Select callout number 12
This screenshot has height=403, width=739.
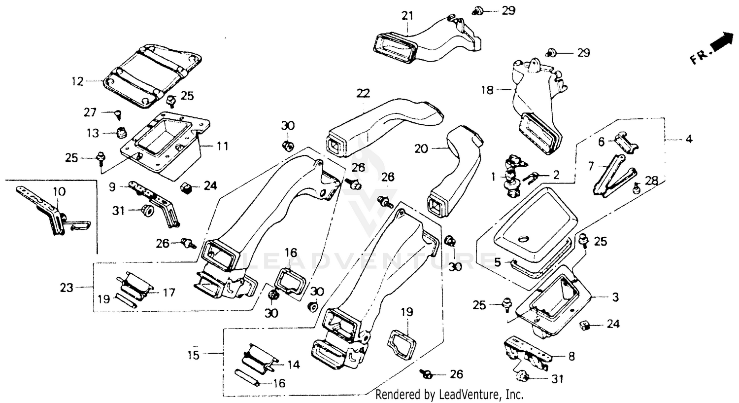click(77, 81)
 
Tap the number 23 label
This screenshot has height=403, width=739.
click(67, 288)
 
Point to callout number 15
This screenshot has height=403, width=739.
click(194, 355)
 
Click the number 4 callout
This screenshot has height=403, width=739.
click(688, 140)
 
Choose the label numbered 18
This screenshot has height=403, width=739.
click(487, 90)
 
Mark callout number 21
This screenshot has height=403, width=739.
click(407, 16)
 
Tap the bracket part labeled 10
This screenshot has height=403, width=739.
click(54, 210)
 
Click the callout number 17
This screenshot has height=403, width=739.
click(169, 293)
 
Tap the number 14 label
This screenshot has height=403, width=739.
click(293, 365)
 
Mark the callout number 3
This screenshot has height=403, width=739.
click(615, 297)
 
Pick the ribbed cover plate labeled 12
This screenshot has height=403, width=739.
click(148, 74)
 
